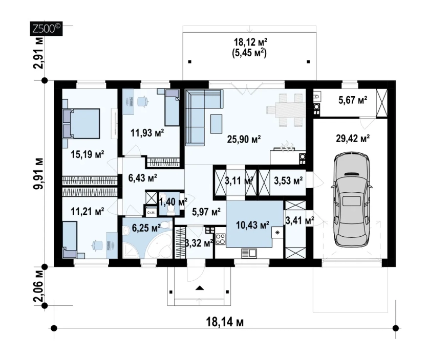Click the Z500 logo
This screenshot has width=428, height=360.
click(x=46, y=28)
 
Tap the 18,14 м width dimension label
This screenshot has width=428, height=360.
click(x=225, y=322)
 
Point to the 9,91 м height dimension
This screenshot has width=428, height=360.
click(x=38, y=173)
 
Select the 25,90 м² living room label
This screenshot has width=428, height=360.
click(x=244, y=139)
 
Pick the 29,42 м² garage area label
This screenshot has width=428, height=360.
click(x=353, y=138)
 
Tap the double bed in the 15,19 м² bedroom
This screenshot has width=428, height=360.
click(x=81, y=124)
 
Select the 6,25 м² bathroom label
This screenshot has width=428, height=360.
click(x=146, y=228)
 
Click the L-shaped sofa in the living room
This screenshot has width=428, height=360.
click(x=199, y=116)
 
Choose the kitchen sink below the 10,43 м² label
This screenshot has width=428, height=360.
click(x=249, y=253)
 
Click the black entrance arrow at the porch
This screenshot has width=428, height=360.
click(x=200, y=287)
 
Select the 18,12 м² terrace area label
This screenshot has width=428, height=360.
click(x=250, y=42)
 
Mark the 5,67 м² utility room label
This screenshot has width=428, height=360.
click(x=353, y=100)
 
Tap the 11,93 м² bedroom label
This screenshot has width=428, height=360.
click(x=147, y=133)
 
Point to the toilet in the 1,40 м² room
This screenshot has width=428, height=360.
click(x=171, y=210)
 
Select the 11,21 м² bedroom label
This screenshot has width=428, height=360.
click(x=88, y=211)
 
